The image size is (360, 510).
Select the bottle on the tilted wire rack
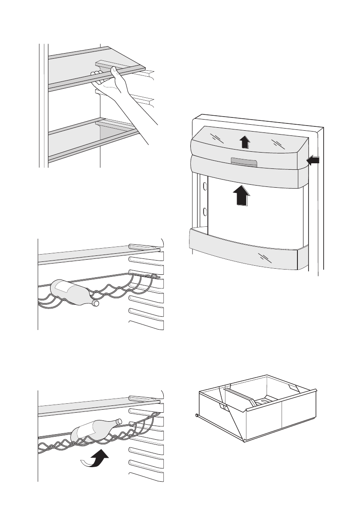point(95,431)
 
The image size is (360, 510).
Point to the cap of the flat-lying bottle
point(96,303)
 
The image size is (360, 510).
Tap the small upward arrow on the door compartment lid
point(244,141)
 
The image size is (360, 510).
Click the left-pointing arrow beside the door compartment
point(313,161)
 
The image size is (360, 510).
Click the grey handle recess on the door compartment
point(243,161)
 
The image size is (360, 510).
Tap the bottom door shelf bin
point(244,251)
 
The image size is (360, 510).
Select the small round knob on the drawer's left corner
point(196,415)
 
